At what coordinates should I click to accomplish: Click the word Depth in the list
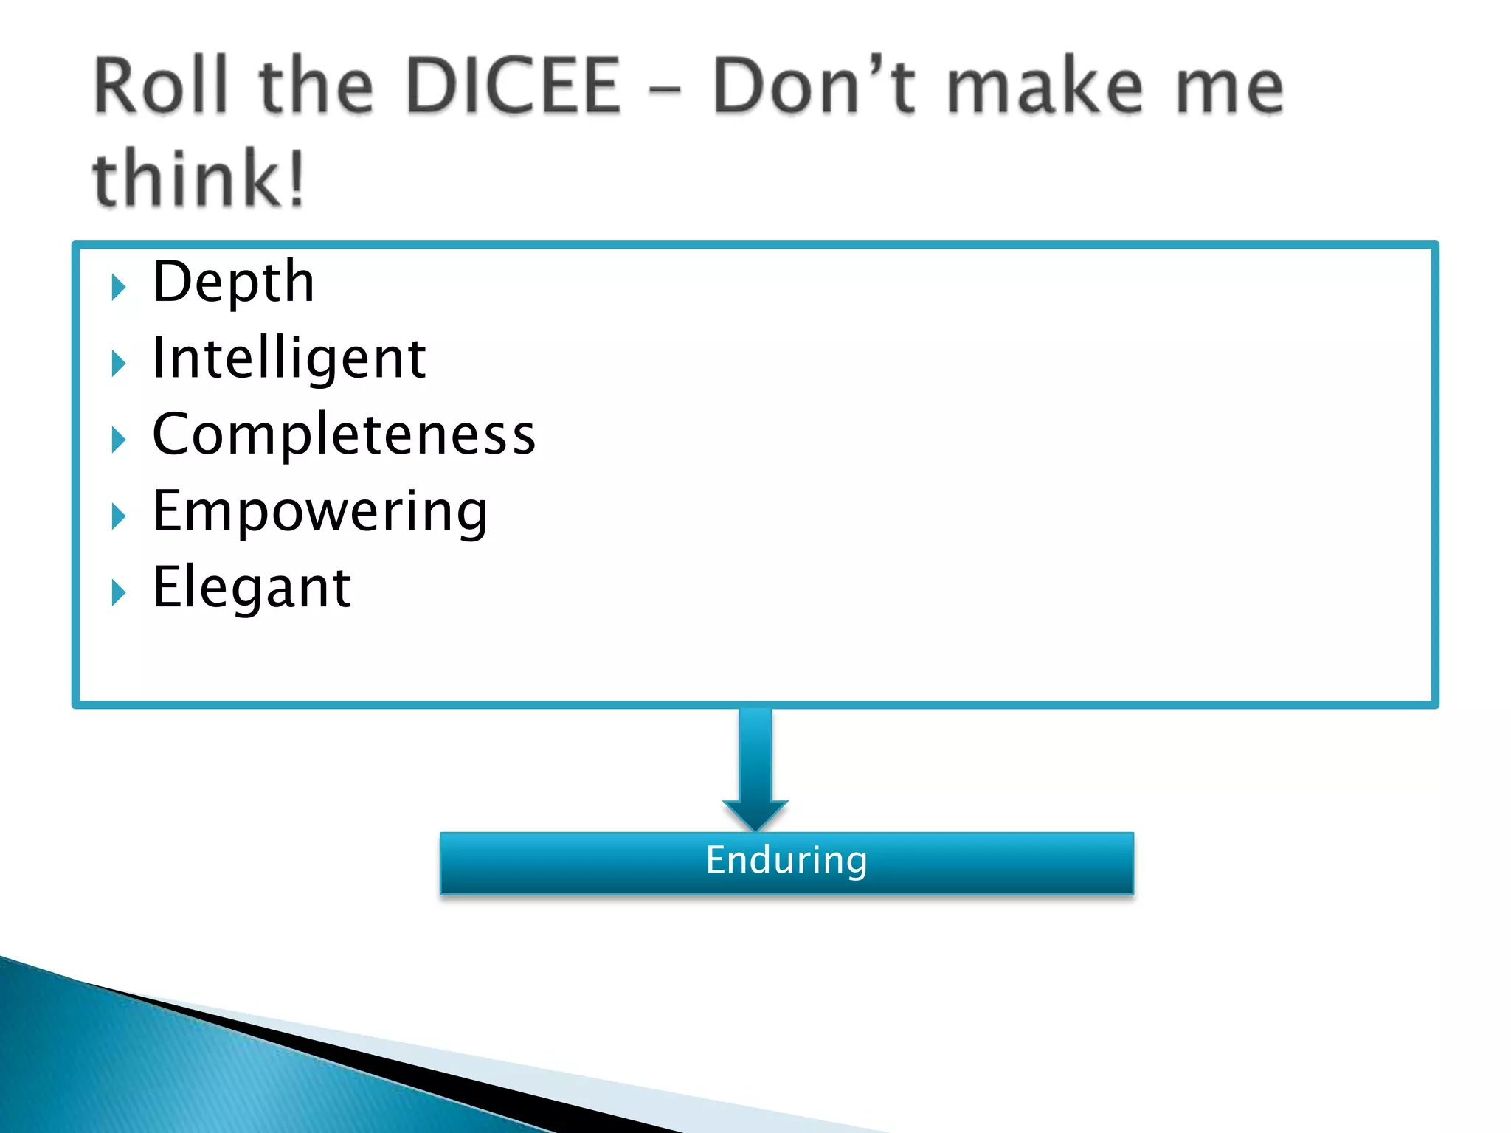[x=233, y=283]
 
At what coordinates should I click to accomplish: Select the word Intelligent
[x=288, y=359]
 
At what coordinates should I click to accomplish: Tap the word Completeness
[x=344, y=435]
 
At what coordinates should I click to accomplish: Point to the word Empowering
[x=319, y=512]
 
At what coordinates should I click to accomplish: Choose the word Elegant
[x=252, y=588]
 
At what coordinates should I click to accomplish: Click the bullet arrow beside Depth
[x=118, y=286]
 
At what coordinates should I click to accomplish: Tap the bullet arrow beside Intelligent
[x=118, y=363]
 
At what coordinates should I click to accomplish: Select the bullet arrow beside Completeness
[x=118, y=440]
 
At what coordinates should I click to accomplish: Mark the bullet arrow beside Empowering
[x=118, y=516]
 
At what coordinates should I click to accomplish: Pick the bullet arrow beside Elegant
[x=118, y=592]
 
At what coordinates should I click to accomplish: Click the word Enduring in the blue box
[x=786, y=861]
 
